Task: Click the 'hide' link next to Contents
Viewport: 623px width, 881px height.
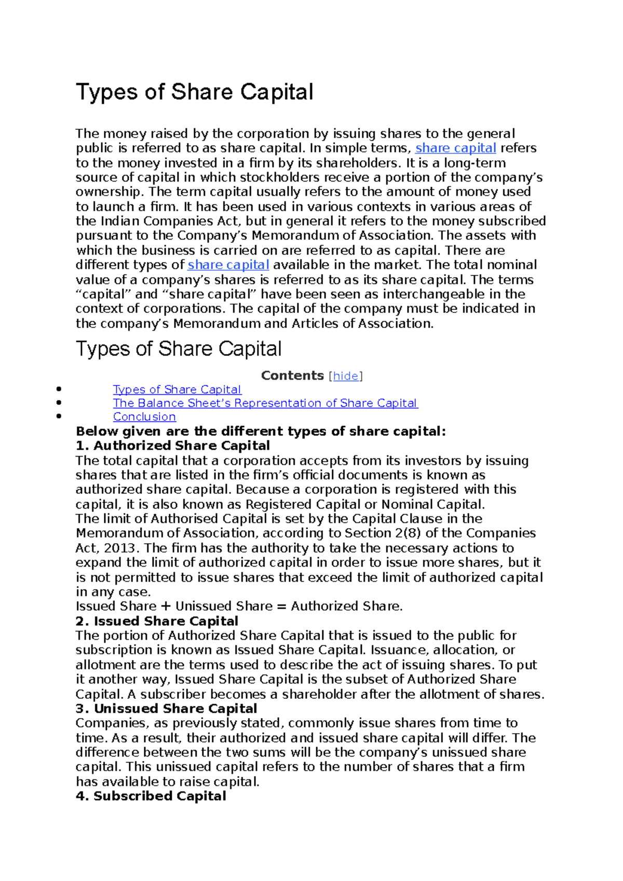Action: pyautogui.click(x=346, y=376)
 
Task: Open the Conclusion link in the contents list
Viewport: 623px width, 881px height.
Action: pyautogui.click(x=144, y=417)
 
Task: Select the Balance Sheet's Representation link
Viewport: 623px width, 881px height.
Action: pyautogui.click(x=265, y=404)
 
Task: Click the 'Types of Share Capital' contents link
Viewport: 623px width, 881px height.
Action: pyautogui.click(x=177, y=390)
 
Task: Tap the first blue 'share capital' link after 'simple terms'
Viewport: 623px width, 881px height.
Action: pyautogui.click(x=455, y=148)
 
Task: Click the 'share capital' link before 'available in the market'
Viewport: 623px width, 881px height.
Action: pyautogui.click(x=228, y=265)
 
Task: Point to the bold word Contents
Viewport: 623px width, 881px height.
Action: pyautogui.click(x=292, y=376)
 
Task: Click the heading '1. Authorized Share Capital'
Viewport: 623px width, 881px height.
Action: pyautogui.click(x=173, y=446)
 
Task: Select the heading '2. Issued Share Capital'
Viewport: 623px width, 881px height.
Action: pyautogui.click(x=157, y=621)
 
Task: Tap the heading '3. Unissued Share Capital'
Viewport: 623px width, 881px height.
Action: pyautogui.click(x=167, y=709)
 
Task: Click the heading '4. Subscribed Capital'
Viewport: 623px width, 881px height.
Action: pyautogui.click(x=151, y=796)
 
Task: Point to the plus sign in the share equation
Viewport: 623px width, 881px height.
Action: pyautogui.click(x=166, y=607)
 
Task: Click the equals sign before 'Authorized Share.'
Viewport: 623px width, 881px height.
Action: pyautogui.click(x=281, y=607)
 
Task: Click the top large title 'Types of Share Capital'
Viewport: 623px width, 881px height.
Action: pyautogui.click(x=195, y=92)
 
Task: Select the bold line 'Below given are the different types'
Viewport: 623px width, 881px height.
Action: pyautogui.click(x=261, y=432)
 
